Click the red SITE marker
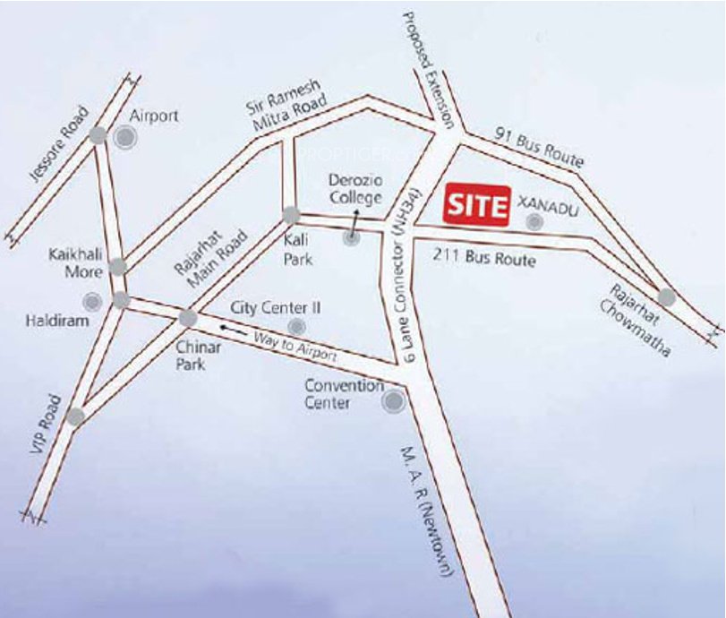(477, 204)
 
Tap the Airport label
(154, 116)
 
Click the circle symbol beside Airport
(126, 136)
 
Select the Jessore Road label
(60, 144)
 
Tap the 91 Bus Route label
(539, 148)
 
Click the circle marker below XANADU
(534, 223)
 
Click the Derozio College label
(354, 189)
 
